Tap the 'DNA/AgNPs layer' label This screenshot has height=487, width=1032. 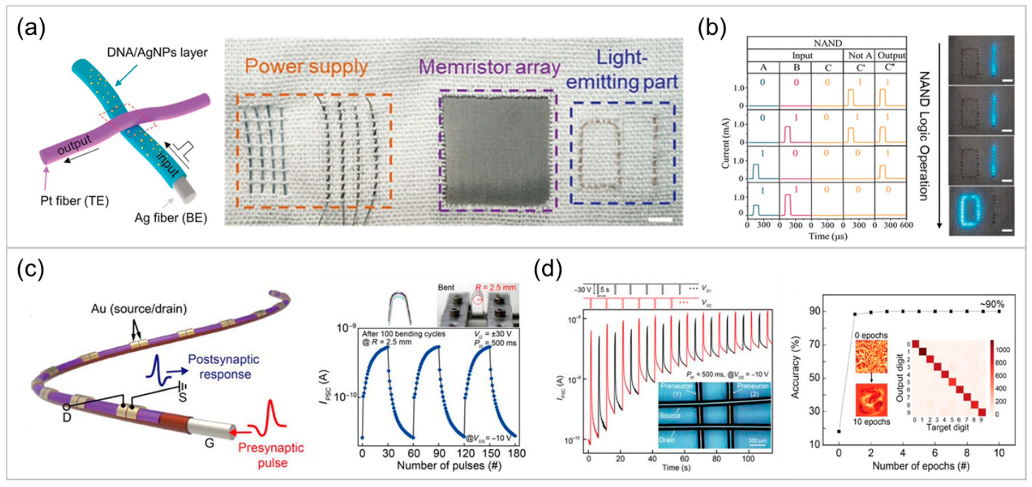pyautogui.click(x=157, y=53)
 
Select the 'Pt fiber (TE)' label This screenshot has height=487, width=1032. pyautogui.click(x=74, y=200)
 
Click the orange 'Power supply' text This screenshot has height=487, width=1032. pyautogui.click(x=306, y=67)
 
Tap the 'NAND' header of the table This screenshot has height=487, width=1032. pyautogui.click(x=827, y=43)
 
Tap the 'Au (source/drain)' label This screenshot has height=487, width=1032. pyautogui.click(x=139, y=309)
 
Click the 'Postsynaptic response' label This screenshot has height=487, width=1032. pyautogui.click(x=224, y=367)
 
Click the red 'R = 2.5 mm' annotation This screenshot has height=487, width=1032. pyautogui.click(x=496, y=287)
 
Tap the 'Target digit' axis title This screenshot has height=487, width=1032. pyautogui.click(x=947, y=428)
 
